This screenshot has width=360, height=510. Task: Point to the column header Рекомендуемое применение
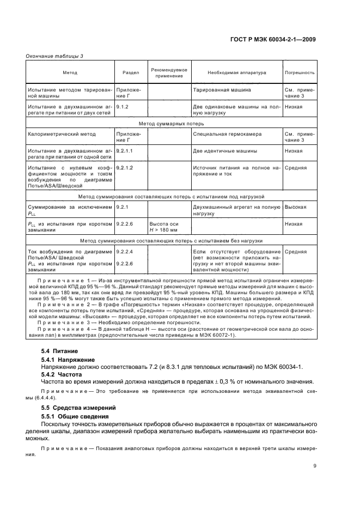[169, 72]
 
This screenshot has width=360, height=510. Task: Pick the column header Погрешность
[300, 72]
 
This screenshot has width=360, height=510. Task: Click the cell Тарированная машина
[222, 88]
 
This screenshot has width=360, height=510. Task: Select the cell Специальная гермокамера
[227, 133]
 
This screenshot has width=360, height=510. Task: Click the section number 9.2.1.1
[125, 149]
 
